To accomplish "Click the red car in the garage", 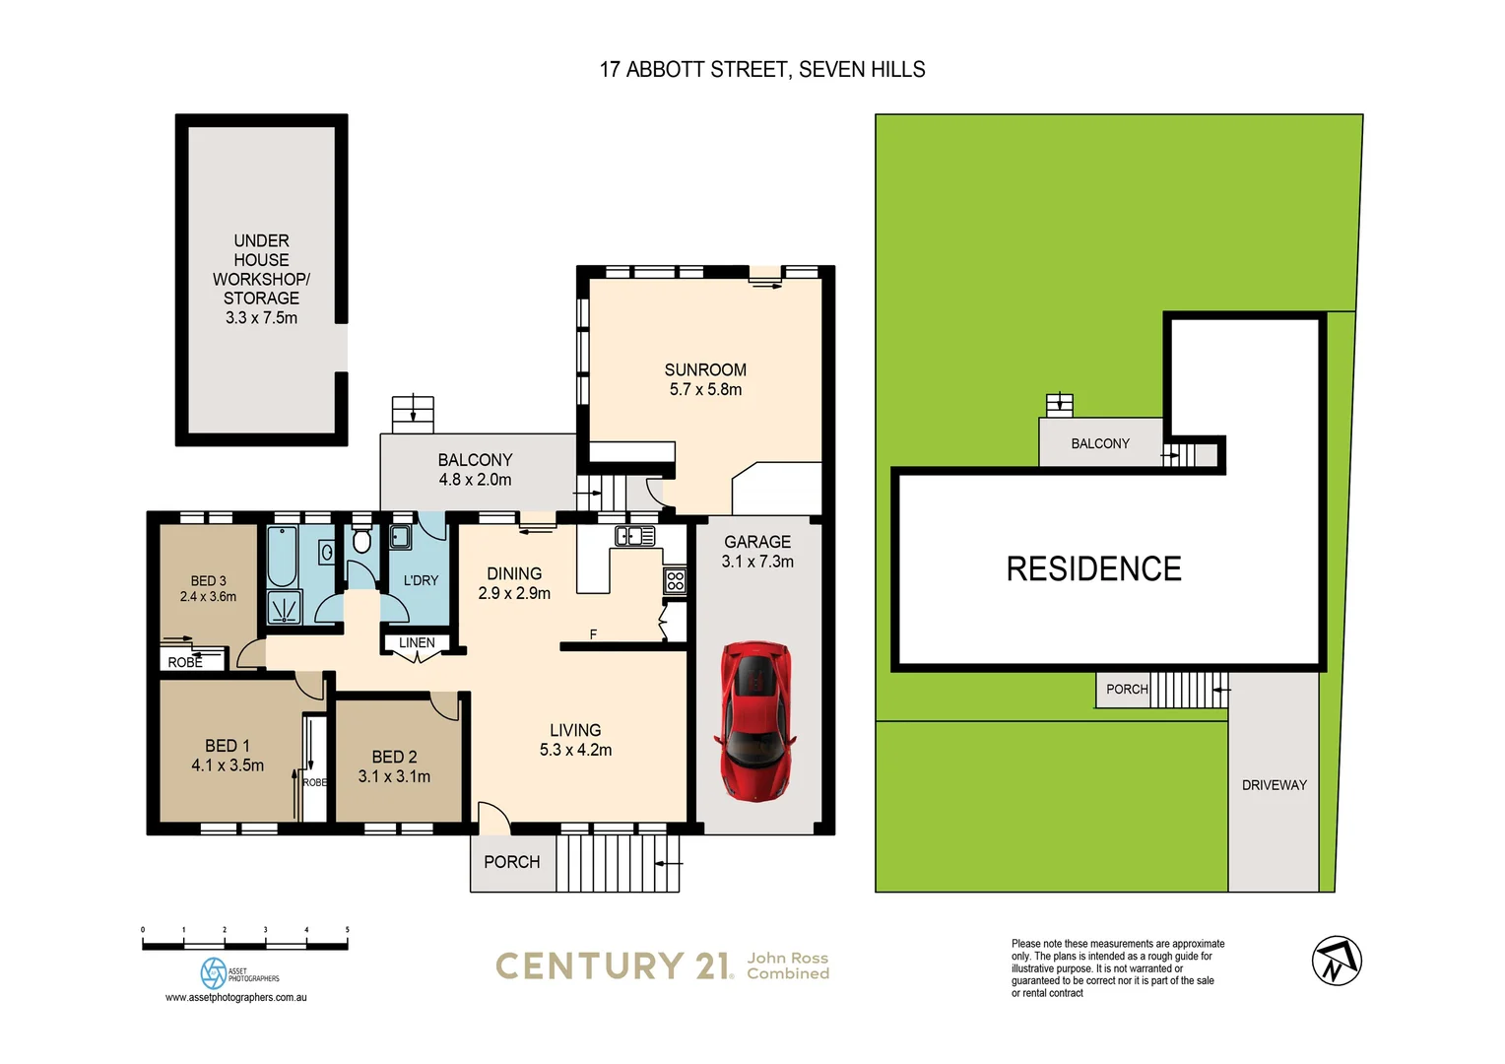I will [756, 720].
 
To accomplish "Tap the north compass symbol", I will [1337, 961].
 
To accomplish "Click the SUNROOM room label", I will [705, 370].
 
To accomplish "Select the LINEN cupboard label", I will [417, 643].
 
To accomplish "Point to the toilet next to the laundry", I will [361, 540].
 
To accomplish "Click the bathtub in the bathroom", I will [282, 557].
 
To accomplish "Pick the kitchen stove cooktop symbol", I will [675, 580].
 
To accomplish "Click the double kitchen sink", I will [634, 537].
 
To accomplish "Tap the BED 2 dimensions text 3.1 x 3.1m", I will [394, 776].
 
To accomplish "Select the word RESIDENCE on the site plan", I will [1093, 569].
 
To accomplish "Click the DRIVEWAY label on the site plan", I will [1274, 785].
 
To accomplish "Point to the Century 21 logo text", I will [614, 966].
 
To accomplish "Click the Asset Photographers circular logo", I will [213, 973].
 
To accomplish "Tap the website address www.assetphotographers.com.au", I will [235, 998].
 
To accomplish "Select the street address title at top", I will [762, 70].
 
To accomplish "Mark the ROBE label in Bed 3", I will [184, 663].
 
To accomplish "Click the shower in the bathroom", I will [284, 609].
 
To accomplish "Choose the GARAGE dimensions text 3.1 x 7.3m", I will [757, 562].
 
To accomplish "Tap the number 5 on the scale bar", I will [347, 930].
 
